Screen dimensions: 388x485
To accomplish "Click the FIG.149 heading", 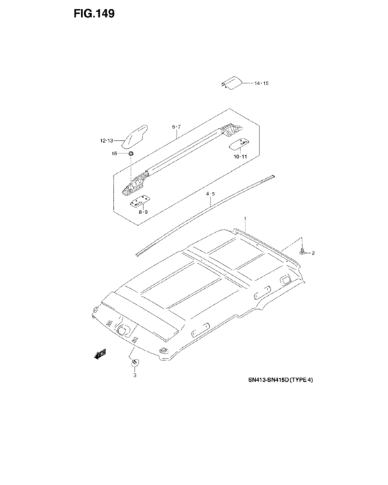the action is (x=94, y=14).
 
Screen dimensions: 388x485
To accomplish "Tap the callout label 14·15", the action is (x=261, y=83).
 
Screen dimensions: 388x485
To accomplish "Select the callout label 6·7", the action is (x=177, y=127).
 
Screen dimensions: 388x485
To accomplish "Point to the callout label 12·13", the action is (x=107, y=141).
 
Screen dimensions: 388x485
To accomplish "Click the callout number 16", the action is (x=114, y=153).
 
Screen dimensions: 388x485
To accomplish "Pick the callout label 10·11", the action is (x=240, y=157).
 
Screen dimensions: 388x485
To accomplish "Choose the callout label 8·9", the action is (x=143, y=212).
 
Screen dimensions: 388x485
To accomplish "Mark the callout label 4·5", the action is (x=211, y=194).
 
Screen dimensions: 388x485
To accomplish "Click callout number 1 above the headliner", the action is (x=245, y=219).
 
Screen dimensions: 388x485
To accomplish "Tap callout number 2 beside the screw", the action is (x=313, y=253).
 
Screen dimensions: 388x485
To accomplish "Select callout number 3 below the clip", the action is (x=135, y=376).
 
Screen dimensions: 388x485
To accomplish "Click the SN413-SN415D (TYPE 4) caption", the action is (x=281, y=380).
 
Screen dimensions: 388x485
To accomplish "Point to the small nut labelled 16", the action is (x=131, y=153).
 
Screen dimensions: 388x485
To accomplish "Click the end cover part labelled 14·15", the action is (x=231, y=82).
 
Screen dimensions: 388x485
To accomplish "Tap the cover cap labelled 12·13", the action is (x=134, y=136).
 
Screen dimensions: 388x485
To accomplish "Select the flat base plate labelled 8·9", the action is (x=140, y=202).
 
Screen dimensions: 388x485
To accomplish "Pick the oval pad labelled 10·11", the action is (x=239, y=143).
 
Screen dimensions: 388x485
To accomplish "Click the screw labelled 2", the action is (x=301, y=251).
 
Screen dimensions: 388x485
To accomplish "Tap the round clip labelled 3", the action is (x=135, y=362).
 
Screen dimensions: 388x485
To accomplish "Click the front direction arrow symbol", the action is (x=100, y=354).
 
